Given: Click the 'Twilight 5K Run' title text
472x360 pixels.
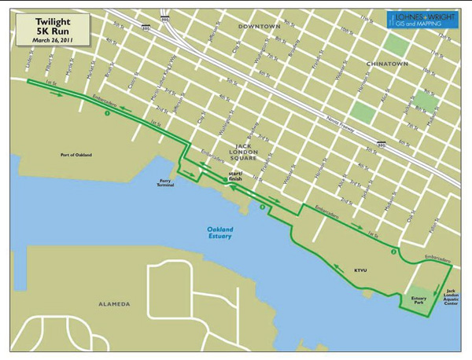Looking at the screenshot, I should coord(50,24).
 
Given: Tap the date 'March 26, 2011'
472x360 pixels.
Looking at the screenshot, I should coord(50,40).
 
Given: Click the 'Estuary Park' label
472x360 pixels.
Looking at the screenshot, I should coord(418,301).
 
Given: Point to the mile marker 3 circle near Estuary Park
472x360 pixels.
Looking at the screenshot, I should coord(391,252).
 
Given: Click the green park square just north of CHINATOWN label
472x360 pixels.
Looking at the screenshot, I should coord(398,45).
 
